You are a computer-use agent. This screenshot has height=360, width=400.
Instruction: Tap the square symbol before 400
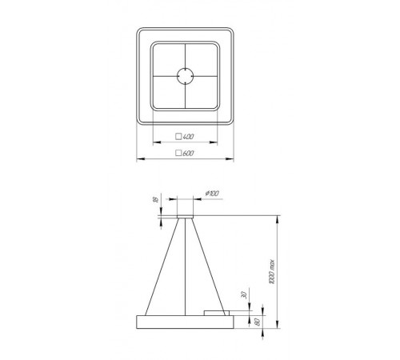click(179, 138)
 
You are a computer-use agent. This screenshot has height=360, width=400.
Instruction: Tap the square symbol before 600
click(179, 152)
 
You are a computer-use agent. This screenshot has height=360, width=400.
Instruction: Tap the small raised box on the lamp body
click(215, 311)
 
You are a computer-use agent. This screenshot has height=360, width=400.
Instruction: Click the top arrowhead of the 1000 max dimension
click(276, 217)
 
